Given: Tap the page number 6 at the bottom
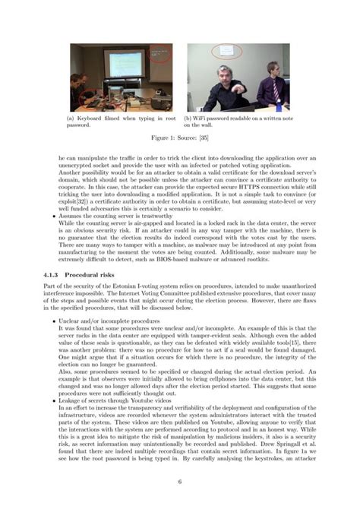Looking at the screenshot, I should (x=180, y=481).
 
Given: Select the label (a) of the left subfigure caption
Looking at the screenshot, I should (x=74, y=118).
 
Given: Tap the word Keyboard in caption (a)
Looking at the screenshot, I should (x=95, y=118).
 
